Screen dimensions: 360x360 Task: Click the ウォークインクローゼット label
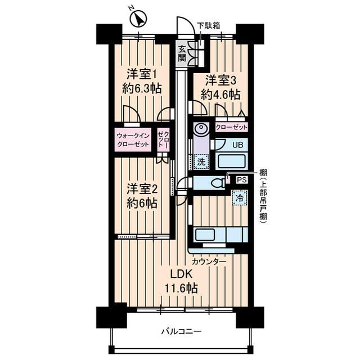pyautogui.click(x=133, y=140)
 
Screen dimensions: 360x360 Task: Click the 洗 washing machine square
pyautogui.click(x=200, y=163)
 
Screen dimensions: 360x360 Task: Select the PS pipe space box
pyautogui.click(x=241, y=180)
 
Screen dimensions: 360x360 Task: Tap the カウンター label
pyautogui.click(x=209, y=262)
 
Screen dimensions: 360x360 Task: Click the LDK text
pyautogui.click(x=181, y=274)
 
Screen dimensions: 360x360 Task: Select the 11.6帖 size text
pyautogui.click(x=181, y=289)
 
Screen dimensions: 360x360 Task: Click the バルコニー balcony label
pyautogui.click(x=179, y=331)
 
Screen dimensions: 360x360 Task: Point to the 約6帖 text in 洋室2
pyautogui.click(x=141, y=203)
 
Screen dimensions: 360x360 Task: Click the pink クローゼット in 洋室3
pyautogui.click(x=231, y=127)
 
